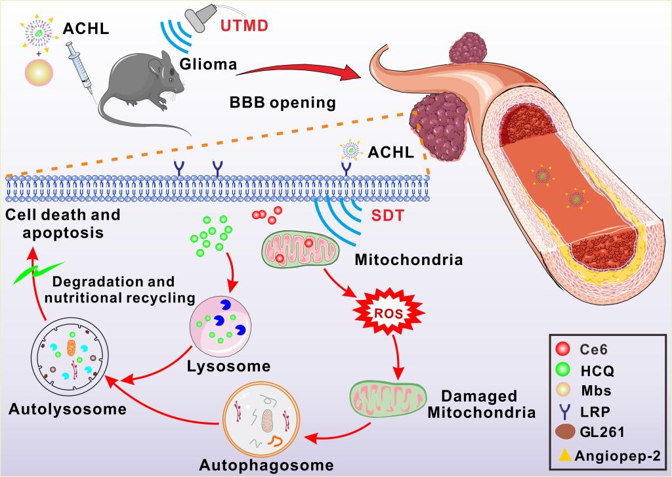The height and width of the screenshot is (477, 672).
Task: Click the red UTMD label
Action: tap(244, 26)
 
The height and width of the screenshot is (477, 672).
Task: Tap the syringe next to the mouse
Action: tap(79, 71)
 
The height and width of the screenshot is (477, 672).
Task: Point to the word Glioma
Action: tap(208, 64)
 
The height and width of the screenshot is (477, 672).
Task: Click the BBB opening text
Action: tap(283, 103)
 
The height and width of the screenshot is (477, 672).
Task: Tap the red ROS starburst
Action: tap(389, 313)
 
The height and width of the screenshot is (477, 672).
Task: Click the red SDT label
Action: tap(387, 215)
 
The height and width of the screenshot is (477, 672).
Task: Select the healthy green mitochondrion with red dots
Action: tap(301, 249)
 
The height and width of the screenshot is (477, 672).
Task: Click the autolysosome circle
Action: tap(70, 356)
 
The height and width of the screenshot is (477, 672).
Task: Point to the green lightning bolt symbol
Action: tap(37, 273)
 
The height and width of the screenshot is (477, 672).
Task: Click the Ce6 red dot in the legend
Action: tap(562, 349)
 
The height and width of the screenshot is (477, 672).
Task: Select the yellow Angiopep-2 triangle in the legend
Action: tap(565, 455)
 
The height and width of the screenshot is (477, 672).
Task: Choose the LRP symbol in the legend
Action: tap(566, 411)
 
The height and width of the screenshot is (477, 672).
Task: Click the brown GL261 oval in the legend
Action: tap(565, 432)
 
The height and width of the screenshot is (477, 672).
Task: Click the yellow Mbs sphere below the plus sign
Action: tap(39, 72)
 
